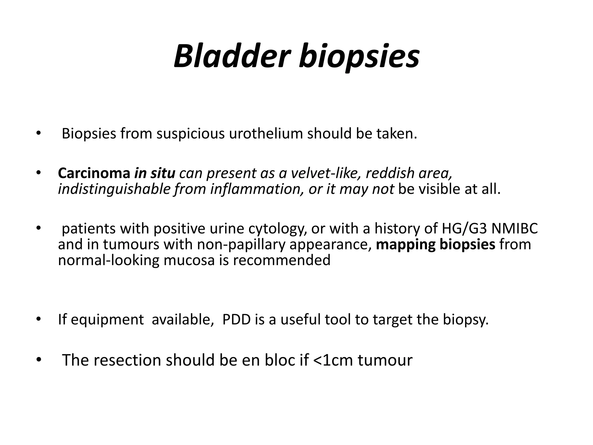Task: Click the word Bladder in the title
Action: click(232, 56)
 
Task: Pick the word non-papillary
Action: click(241, 244)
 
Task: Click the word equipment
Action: click(107, 320)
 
